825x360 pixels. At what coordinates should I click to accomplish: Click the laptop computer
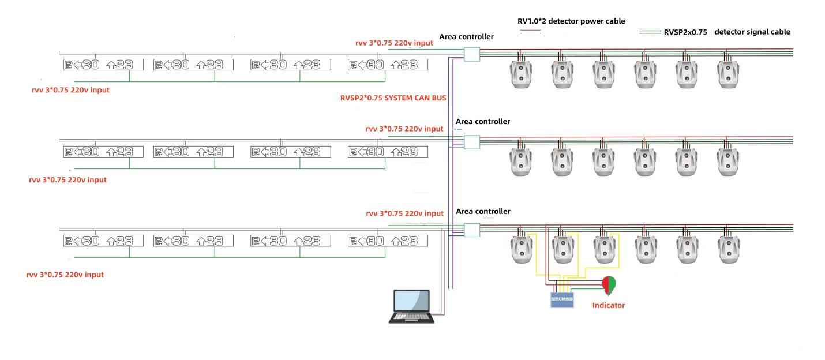[411, 306]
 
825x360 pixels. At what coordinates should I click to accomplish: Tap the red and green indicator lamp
[609, 284]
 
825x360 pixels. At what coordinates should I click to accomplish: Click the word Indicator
[609, 305]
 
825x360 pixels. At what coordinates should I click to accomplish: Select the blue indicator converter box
[562, 299]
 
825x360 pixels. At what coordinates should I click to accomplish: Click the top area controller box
[471, 54]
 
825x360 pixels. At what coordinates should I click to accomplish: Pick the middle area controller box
[471, 142]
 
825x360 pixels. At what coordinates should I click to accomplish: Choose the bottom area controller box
[471, 230]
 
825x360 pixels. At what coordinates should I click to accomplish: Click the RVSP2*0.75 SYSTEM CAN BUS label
[393, 98]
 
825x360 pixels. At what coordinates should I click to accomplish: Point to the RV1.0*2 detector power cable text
[571, 21]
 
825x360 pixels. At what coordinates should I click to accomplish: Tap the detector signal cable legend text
[752, 32]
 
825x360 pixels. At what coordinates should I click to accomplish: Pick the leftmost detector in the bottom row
[520, 250]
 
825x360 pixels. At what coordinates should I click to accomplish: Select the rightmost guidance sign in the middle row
[388, 152]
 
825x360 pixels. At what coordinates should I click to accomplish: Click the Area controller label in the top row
[466, 37]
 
